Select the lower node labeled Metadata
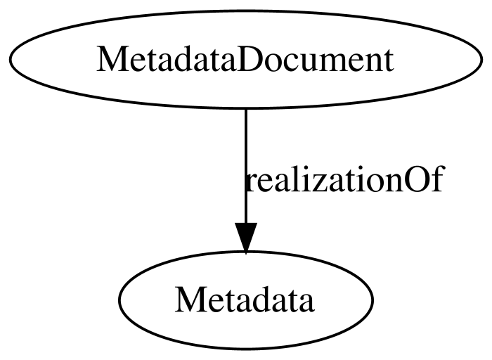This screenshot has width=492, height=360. [x=245, y=301]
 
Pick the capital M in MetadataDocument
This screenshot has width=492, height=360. [x=109, y=60]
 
